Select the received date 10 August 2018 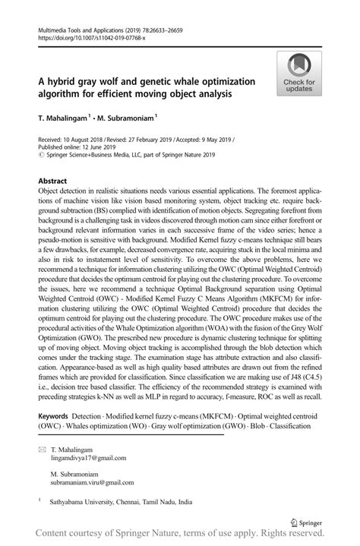83,140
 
